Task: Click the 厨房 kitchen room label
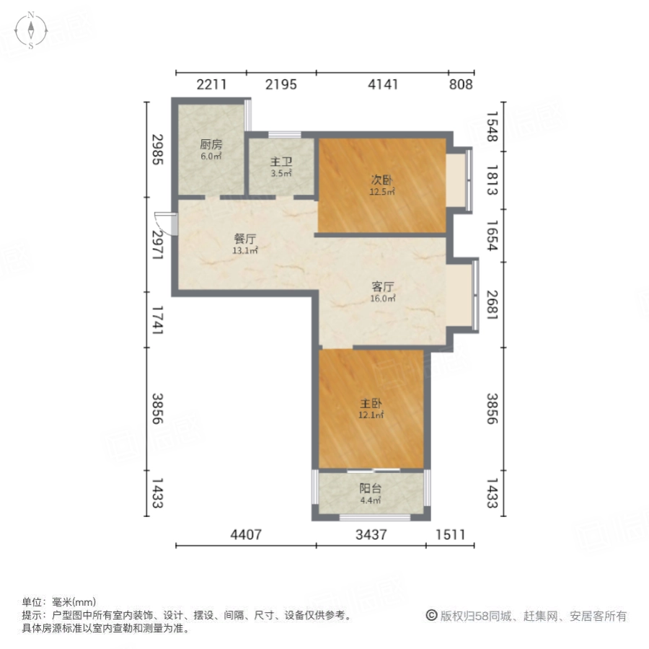coord(211,144)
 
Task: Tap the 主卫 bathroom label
coord(281,162)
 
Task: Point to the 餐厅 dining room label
coord(245,239)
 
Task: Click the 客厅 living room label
coord(382,286)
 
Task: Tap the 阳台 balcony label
coord(371,488)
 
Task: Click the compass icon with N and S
coord(32,30)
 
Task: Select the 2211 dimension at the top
coord(211,84)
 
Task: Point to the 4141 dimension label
coord(383,84)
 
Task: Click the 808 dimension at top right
coord(461,84)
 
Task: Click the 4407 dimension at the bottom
coord(246,535)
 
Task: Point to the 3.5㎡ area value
coord(281,174)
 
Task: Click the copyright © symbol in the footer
coord(431,616)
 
